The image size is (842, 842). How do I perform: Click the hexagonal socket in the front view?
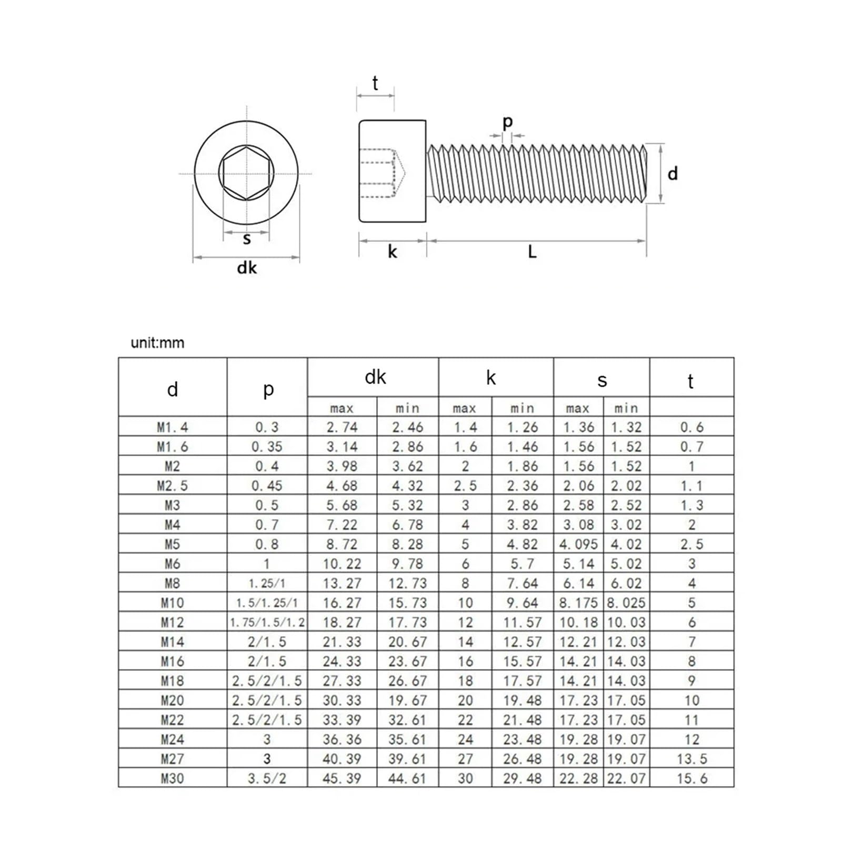(x=246, y=173)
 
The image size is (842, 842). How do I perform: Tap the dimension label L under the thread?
(x=532, y=252)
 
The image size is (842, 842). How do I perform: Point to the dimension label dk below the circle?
(x=247, y=268)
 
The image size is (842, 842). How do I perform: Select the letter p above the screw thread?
(x=507, y=122)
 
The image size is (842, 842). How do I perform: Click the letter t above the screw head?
(x=375, y=83)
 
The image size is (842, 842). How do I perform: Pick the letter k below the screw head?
(x=392, y=252)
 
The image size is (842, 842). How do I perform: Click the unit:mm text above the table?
(x=157, y=343)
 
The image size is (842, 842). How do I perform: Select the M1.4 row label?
(x=172, y=427)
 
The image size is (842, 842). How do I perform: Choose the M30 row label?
(x=172, y=778)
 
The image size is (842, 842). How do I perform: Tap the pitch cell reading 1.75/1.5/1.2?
(x=267, y=622)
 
